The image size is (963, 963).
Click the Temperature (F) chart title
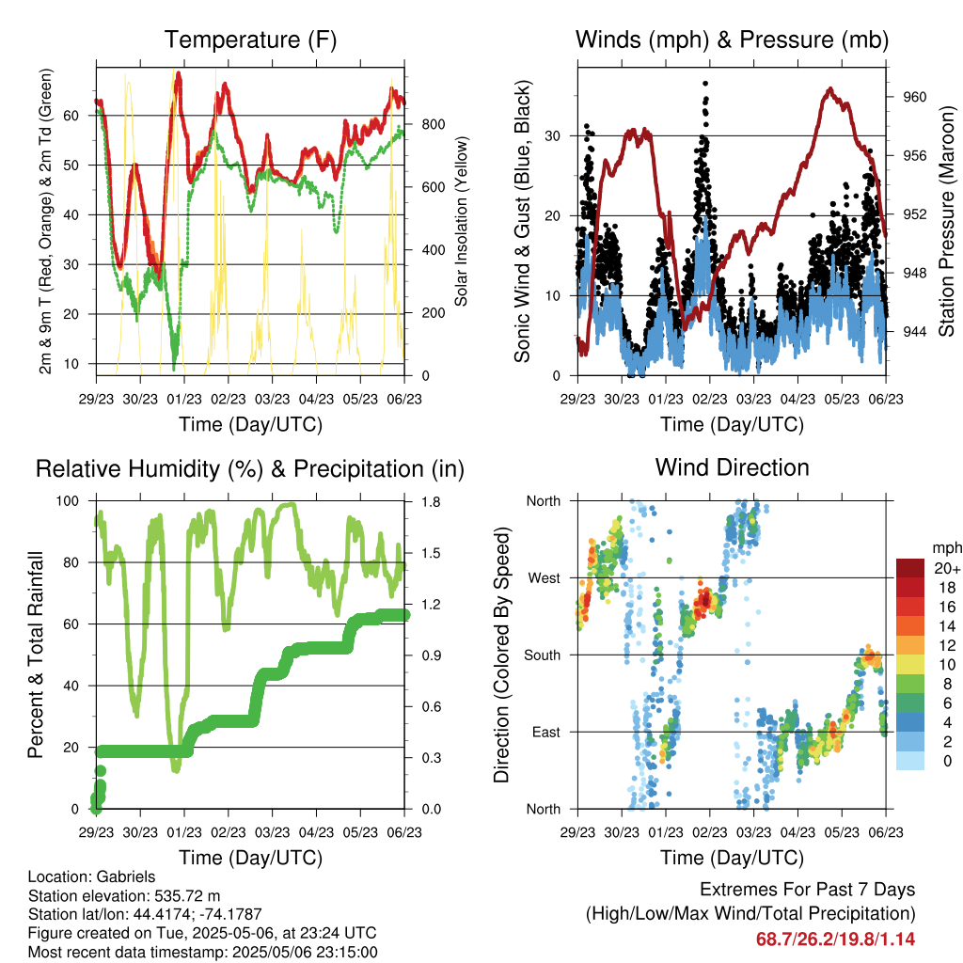(x=250, y=39)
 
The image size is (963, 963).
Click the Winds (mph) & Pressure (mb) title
(x=732, y=39)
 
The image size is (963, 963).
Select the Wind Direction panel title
(x=732, y=466)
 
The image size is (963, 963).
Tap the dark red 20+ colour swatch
(x=910, y=568)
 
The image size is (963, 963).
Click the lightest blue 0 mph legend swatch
(x=910, y=762)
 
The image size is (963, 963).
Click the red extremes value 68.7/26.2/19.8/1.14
(x=835, y=939)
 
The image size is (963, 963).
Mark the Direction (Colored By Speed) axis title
(x=501, y=655)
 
